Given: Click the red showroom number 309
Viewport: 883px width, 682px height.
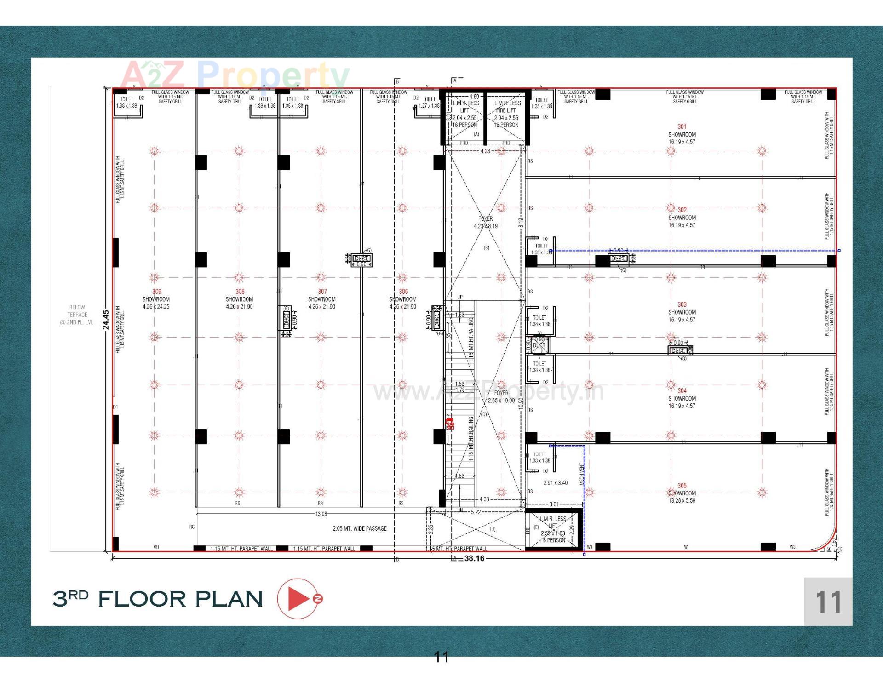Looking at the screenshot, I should point(156,292).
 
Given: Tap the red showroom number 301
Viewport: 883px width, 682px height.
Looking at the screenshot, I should point(682,126).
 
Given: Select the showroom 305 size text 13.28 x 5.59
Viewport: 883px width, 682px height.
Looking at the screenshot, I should point(682,500).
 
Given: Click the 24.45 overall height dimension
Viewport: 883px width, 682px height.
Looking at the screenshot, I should point(106,319).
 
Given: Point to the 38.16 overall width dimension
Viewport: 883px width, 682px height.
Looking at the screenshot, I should point(474,558).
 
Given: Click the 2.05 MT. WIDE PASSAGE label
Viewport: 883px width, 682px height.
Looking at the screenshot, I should point(359,528).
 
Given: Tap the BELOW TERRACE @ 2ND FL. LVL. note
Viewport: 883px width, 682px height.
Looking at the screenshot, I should point(77,315).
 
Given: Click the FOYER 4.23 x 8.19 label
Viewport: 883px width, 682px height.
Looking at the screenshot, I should point(485,223).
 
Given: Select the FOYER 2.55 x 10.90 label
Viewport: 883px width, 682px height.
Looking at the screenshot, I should point(501,397).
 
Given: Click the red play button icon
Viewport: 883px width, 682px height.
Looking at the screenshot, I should point(299,598).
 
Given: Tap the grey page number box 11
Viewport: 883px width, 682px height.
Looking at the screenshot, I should point(828,602).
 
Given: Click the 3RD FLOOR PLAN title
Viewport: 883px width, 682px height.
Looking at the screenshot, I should point(158,599).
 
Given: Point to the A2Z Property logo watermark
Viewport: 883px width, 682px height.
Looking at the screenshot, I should point(235,75).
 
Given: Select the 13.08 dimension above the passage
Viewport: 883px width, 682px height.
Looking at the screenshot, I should point(321,514).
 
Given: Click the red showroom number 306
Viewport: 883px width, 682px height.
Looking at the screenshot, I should point(403,292).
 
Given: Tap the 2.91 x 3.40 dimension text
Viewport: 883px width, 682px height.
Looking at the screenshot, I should point(555,483).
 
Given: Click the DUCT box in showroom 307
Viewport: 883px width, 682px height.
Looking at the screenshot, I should point(361,259).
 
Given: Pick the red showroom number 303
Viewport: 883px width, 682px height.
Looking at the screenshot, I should point(682,304).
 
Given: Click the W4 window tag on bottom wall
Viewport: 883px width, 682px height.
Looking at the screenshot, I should point(590,547).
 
